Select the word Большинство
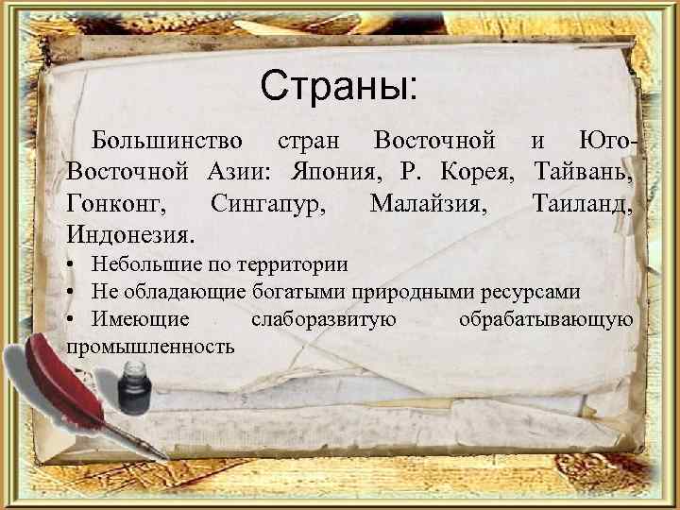[x=167, y=142]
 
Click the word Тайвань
[x=583, y=172]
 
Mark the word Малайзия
[x=430, y=202]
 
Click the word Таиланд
[x=583, y=202]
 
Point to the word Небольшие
[x=145, y=265]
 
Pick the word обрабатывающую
[x=545, y=319]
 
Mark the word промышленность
[x=151, y=346]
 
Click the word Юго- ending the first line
[x=609, y=142]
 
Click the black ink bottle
[x=133, y=393]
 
